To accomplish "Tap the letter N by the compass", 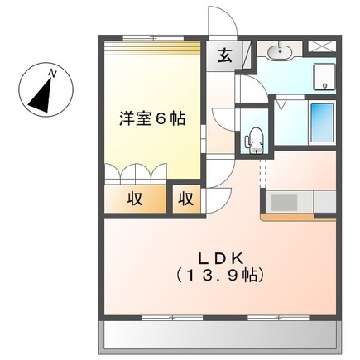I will (x=53, y=74).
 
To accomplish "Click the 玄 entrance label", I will (x=224, y=56).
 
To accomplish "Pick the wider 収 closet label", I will (x=133, y=199).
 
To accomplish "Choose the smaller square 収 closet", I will (x=187, y=199).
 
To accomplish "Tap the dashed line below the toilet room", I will (x=262, y=172).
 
